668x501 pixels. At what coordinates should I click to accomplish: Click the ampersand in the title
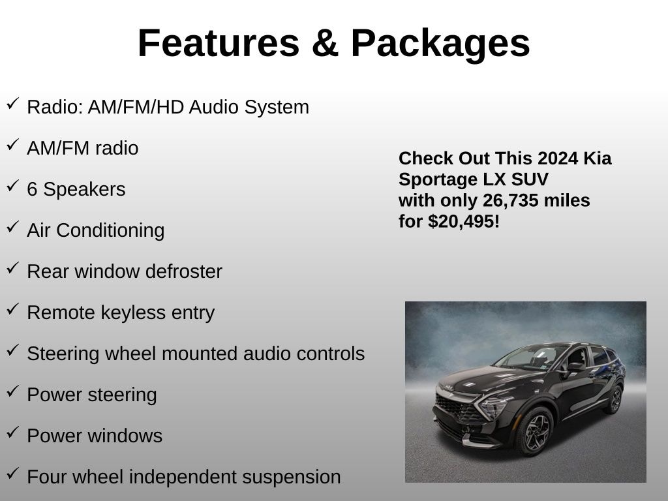325,43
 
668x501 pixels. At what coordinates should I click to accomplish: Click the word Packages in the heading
440,45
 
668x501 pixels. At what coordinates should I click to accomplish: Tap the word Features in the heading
219,43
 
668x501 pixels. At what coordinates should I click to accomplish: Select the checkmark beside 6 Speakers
13,186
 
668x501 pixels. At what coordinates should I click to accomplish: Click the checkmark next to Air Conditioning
13,226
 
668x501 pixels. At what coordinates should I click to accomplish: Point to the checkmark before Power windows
13,432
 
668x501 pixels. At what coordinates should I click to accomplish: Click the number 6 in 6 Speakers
32,189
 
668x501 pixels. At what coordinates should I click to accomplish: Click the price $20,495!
464,222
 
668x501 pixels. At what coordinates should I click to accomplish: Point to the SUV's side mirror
575,367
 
